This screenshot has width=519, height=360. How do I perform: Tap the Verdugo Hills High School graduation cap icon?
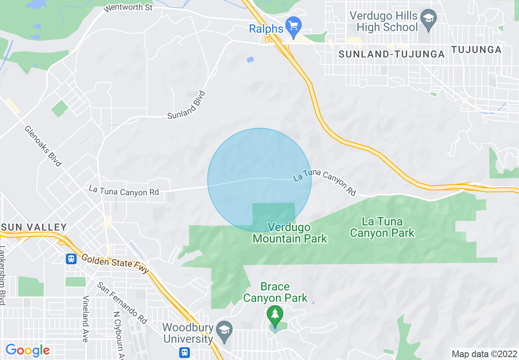click(429, 19)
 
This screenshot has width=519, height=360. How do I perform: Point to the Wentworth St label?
click(123, 8)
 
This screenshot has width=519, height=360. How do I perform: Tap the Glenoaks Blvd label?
click(43, 146)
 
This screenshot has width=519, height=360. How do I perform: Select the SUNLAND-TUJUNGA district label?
click(392, 54)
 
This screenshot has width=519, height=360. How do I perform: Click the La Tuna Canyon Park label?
click(382, 227)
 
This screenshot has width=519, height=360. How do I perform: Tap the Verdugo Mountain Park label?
click(290, 232)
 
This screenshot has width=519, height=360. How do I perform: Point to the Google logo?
click(27, 350)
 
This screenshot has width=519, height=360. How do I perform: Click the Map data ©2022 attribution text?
click(484, 354)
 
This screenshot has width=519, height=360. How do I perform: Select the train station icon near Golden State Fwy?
click(71, 259)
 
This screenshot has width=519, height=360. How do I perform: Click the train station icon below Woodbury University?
click(184, 352)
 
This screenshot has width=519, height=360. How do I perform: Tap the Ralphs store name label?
click(266, 29)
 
